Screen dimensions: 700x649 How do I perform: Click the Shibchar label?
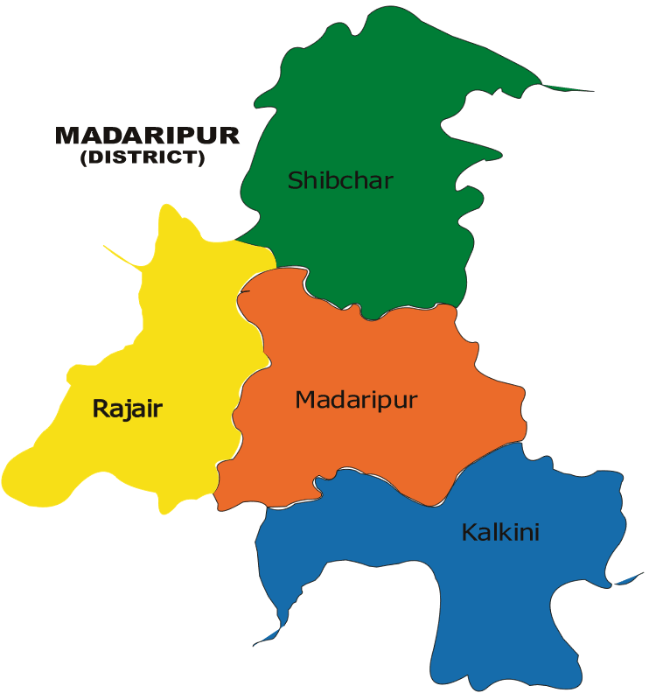tap(340, 181)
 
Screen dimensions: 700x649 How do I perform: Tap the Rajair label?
tap(128, 409)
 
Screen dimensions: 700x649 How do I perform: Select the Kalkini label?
tap(500, 532)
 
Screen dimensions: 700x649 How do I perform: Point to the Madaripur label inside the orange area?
tap(356, 400)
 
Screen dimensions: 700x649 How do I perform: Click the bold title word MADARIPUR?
tap(147, 136)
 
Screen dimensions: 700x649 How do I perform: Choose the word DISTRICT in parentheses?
tap(142, 158)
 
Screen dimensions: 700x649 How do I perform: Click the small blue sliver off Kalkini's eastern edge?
tap(630, 579)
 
